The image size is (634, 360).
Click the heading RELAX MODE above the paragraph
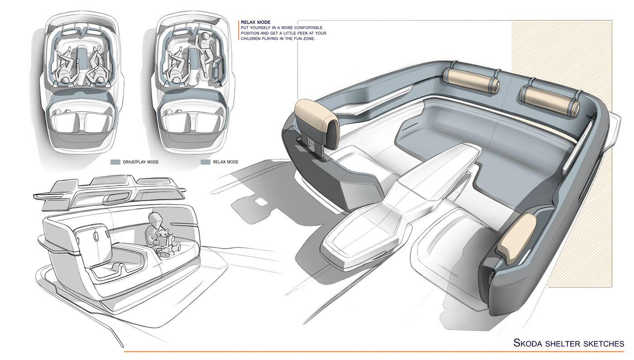point(256,22)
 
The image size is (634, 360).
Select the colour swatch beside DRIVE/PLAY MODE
point(115,162)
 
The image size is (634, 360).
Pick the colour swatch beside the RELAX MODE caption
point(205,162)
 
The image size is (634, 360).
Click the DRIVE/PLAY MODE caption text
point(141,162)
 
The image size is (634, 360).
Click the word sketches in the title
point(602,344)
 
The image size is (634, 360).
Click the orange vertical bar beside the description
point(239,30)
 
